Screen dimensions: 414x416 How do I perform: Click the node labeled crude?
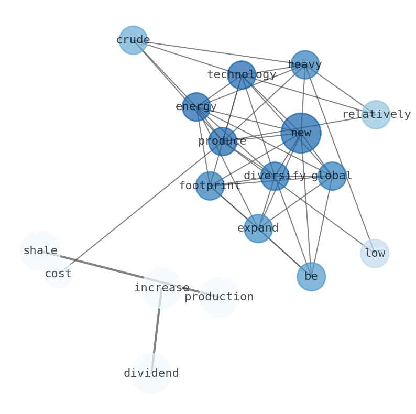click(133, 40)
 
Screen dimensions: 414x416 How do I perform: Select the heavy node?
click(305, 65)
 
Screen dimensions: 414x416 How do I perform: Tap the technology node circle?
click(242, 75)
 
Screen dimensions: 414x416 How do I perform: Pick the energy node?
click(196, 107)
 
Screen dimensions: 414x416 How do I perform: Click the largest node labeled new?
click(301, 133)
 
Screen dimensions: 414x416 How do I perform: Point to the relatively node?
click(376, 115)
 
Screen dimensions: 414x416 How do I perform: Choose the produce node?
click(222, 141)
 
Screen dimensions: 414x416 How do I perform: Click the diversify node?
click(275, 176)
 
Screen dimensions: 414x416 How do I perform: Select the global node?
click(332, 176)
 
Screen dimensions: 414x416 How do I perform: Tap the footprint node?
click(210, 186)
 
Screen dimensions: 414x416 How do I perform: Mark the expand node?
click(258, 228)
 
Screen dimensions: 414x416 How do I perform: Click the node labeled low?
click(375, 254)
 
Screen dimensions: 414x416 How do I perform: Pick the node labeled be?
click(311, 277)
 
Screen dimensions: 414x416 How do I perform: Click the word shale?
click(40, 251)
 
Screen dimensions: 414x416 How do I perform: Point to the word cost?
click(58, 274)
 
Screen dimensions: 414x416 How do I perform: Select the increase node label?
click(162, 288)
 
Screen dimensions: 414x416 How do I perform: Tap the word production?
click(219, 297)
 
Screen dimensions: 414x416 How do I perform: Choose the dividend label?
click(151, 374)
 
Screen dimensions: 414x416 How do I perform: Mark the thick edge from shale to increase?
click(105, 268)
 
